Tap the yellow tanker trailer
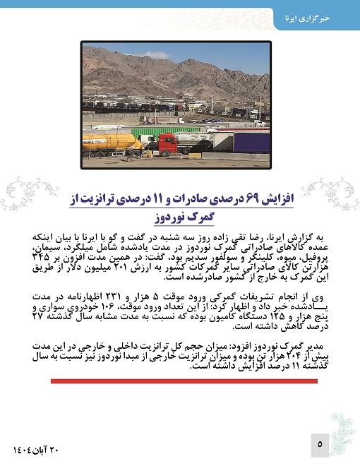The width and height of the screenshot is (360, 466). point(109,141)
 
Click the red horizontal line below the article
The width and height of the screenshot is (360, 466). point(184,381)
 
